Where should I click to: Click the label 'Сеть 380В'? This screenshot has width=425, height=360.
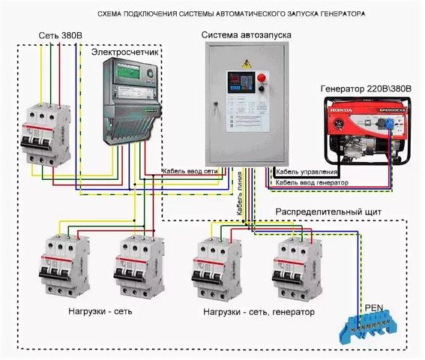[61, 35]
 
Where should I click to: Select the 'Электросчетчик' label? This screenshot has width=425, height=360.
[126, 53]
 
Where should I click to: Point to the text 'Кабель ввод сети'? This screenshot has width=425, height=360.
[191, 172]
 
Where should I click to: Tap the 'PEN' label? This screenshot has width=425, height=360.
[373, 307]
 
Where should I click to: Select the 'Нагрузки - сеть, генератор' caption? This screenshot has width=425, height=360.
[259, 311]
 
